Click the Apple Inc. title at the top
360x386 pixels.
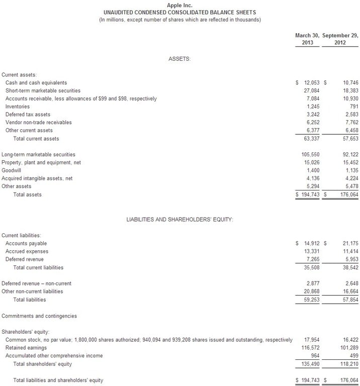pos(179,5)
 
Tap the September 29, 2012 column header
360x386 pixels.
pos(340,39)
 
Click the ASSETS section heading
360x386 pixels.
pos(179,59)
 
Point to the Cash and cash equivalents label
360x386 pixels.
pos(36,82)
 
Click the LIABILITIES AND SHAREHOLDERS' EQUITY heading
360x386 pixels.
pos(179,220)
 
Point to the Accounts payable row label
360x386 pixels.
pos(27,243)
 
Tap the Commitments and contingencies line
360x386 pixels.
pos(39,316)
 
